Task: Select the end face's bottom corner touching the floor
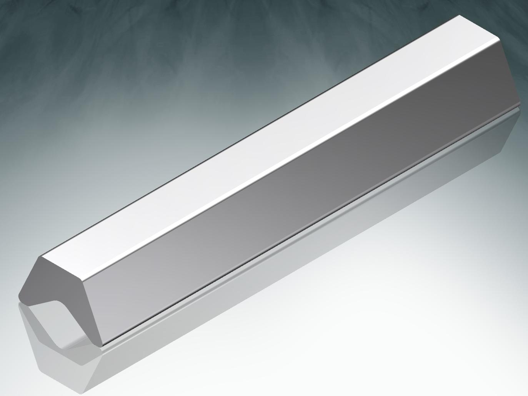click(101, 345)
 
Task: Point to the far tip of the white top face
click(459, 16)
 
